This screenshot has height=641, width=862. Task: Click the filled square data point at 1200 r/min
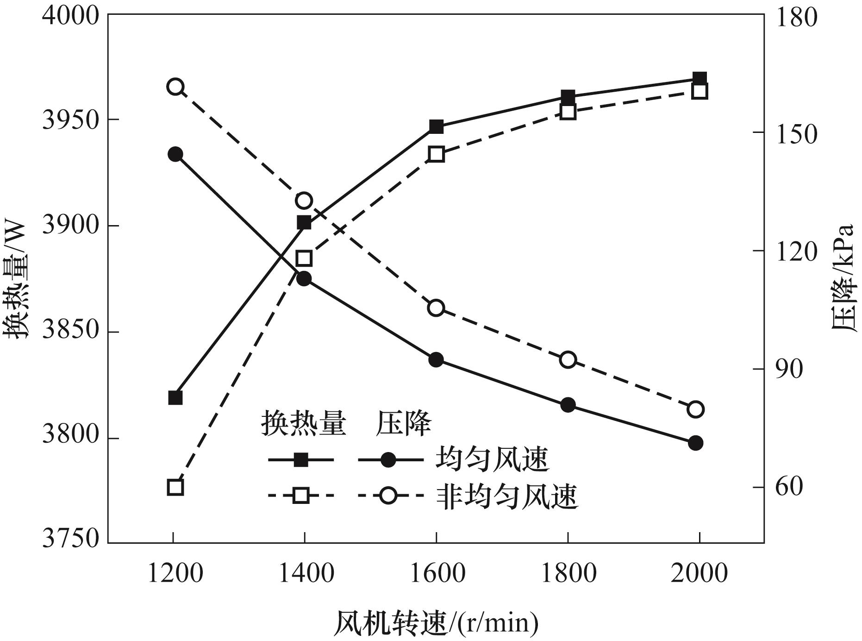[175, 398]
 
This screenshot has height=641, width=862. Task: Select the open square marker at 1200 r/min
[175, 487]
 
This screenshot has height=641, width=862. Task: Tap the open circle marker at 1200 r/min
[175, 87]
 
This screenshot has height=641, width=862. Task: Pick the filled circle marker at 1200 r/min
[175, 154]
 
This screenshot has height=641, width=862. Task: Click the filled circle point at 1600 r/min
[436, 360]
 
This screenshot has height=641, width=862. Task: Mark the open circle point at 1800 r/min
[568, 360]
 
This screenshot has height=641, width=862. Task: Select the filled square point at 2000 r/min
[700, 78]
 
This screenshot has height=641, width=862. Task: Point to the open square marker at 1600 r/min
[436, 154]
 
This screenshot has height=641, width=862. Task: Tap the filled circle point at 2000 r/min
[695, 443]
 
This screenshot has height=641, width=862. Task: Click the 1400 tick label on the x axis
[305, 574]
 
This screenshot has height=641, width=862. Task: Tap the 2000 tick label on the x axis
[699, 574]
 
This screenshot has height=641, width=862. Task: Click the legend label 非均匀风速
[507, 497]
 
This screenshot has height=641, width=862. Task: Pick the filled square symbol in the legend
[301, 460]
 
